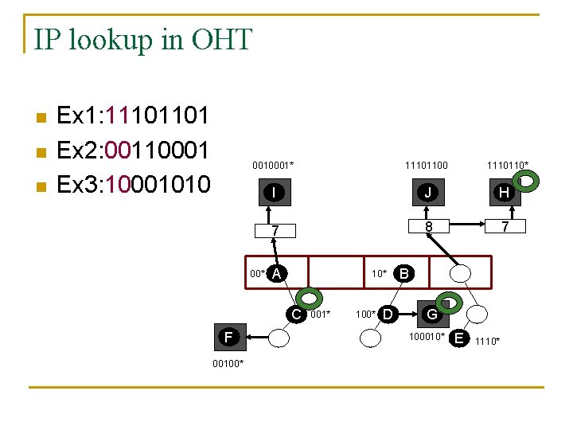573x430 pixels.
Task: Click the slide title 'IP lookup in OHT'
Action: (143, 38)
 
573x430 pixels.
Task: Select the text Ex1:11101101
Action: (134, 115)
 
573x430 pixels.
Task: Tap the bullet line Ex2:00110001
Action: (134, 150)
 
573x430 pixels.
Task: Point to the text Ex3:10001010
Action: (134, 184)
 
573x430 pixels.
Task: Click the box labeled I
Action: (274, 193)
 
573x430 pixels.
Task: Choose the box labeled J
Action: (427, 192)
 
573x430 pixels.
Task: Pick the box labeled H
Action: (504, 193)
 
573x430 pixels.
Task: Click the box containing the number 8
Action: (427, 227)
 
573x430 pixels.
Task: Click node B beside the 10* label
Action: (403, 273)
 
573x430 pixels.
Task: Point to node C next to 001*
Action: (296, 314)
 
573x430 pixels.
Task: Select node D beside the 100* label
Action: (387, 314)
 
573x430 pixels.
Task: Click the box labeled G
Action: (431, 314)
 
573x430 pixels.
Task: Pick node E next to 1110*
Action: (458, 338)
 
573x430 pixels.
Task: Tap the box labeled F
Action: (229, 337)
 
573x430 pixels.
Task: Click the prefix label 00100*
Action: (228, 364)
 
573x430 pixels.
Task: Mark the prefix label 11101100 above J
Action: (426, 165)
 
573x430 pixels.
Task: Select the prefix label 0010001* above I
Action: (273, 165)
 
